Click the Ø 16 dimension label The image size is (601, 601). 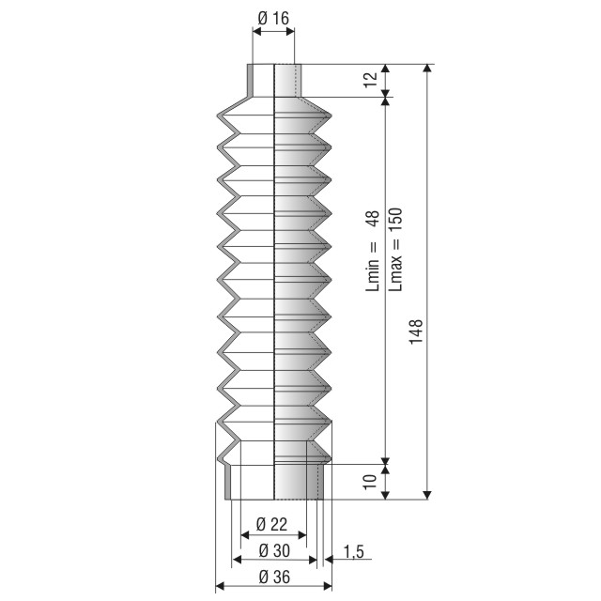(273, 18)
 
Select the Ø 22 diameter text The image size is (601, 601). (271, 524)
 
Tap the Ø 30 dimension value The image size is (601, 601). (274, 551)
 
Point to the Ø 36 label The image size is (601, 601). (274, 577)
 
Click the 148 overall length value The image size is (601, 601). (416, 331)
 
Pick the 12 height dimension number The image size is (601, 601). (371, 80)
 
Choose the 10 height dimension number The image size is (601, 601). (370, 482)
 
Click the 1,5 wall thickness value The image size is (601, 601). (353, 552)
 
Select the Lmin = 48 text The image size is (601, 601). (372, 251)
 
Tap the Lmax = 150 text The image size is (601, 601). (395, 249)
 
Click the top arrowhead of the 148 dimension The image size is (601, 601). (428, 69)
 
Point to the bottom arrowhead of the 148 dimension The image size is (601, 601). (428, 495)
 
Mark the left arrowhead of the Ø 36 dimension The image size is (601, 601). (220, 586)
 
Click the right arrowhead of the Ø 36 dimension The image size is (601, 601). (328, 586)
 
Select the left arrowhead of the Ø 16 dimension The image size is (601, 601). (257, 31)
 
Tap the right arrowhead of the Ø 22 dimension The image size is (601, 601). (302, 535)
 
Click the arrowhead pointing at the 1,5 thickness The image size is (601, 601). (329, 560)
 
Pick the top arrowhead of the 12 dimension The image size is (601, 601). (386, 69)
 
